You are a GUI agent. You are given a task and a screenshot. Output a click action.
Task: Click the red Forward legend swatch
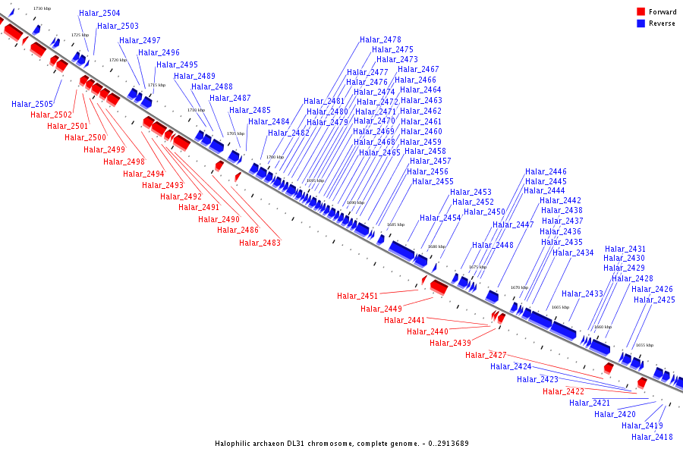coord(641,12)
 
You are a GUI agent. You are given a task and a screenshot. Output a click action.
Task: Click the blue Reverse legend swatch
coord(641,24)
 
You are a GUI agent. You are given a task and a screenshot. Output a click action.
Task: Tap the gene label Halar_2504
coord(99,14)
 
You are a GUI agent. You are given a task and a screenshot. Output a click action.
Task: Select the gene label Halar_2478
coord(380,40)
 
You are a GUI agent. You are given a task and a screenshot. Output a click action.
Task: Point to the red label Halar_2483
coord(260,243)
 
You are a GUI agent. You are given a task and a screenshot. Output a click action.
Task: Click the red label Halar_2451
coord(357,297)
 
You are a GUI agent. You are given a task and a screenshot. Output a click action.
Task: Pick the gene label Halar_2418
coord(652,437)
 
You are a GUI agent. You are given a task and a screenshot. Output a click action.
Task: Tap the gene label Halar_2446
coord(546,172)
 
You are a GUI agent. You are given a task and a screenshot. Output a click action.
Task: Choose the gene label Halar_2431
coord(625,249)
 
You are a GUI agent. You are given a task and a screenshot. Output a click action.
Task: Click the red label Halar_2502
coord(52,115)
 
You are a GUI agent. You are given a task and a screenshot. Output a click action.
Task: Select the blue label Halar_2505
coord(32,105)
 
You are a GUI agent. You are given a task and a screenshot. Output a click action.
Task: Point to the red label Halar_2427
coord(486,355)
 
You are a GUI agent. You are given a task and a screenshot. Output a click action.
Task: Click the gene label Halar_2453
coord(471,193)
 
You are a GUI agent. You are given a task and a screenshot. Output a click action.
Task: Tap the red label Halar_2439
coord(450,343)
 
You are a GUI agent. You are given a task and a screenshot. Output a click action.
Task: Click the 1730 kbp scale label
coord(42,8)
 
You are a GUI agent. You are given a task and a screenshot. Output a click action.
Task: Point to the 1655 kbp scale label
coord(644,345)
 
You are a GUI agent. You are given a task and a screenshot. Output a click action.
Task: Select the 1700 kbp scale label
coord(275,157)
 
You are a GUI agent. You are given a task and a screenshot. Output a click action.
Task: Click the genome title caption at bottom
coord(341,443)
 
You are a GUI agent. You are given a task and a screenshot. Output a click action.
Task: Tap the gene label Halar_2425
coord(654,300)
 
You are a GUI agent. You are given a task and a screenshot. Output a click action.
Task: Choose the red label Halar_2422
coord(563,391)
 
